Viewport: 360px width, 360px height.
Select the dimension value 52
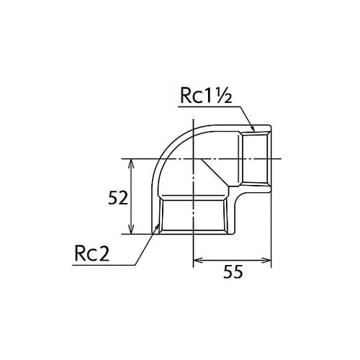click(x=117, y=197)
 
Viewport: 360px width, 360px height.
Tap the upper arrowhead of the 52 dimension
click(x=130, y=163)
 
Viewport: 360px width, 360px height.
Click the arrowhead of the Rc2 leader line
click(x=158, y=228)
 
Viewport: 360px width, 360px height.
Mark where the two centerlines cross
click(x=194, y=158)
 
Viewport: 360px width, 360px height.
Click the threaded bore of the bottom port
click(x=194, y=216)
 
